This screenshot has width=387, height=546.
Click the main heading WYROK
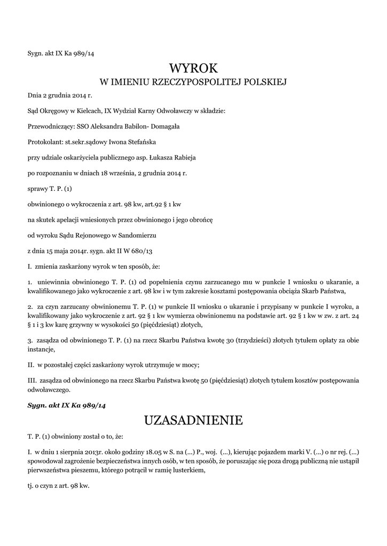[x=193, y=68]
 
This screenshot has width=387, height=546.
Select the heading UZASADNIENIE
[x=193, y=420]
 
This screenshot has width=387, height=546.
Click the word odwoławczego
[x=46, y=390]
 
